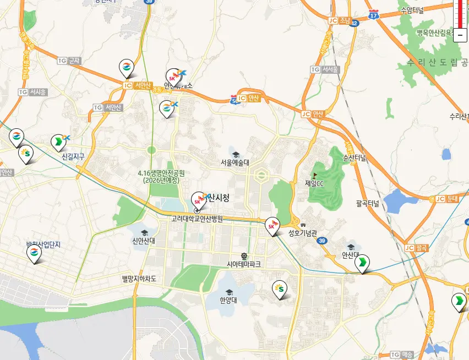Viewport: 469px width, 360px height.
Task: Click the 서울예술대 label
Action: pyautogui.click(x=235, y=162)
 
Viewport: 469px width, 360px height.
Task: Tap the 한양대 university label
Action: pyautogui.click(x=227, y=300)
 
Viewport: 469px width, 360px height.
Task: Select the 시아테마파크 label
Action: pyautogui.click(x=244, y=264)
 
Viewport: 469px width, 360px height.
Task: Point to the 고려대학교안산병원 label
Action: pyautogui.click(x=197, y=219)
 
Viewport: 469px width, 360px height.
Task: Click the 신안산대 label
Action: pyautogui.click(x=144, y=241)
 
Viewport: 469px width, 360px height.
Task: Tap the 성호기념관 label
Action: pyautogui.click(x=303, y=233)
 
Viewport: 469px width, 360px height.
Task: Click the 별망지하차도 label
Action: pyautogui.click(x=139, y=279)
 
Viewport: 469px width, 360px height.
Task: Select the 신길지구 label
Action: pyautogui.click(x=73, y=157)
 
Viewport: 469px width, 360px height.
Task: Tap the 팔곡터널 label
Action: pyautogui.click(x=367, y=203)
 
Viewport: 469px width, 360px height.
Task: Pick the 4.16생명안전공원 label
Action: pyautogui.click(x=161, y=176)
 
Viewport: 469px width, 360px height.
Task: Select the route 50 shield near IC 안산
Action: pyautogui.click(x=235, y=100)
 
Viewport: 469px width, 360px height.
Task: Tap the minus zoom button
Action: pyautogui.click(x=460, y=35)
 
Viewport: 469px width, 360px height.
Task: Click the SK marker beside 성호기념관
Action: pyautogui.click(x=272, y=225)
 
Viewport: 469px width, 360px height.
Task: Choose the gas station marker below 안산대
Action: pyautogui.click(x=362, y=264)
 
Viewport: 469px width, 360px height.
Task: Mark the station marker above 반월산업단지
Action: pyautogui.click(x=34, y=253)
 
